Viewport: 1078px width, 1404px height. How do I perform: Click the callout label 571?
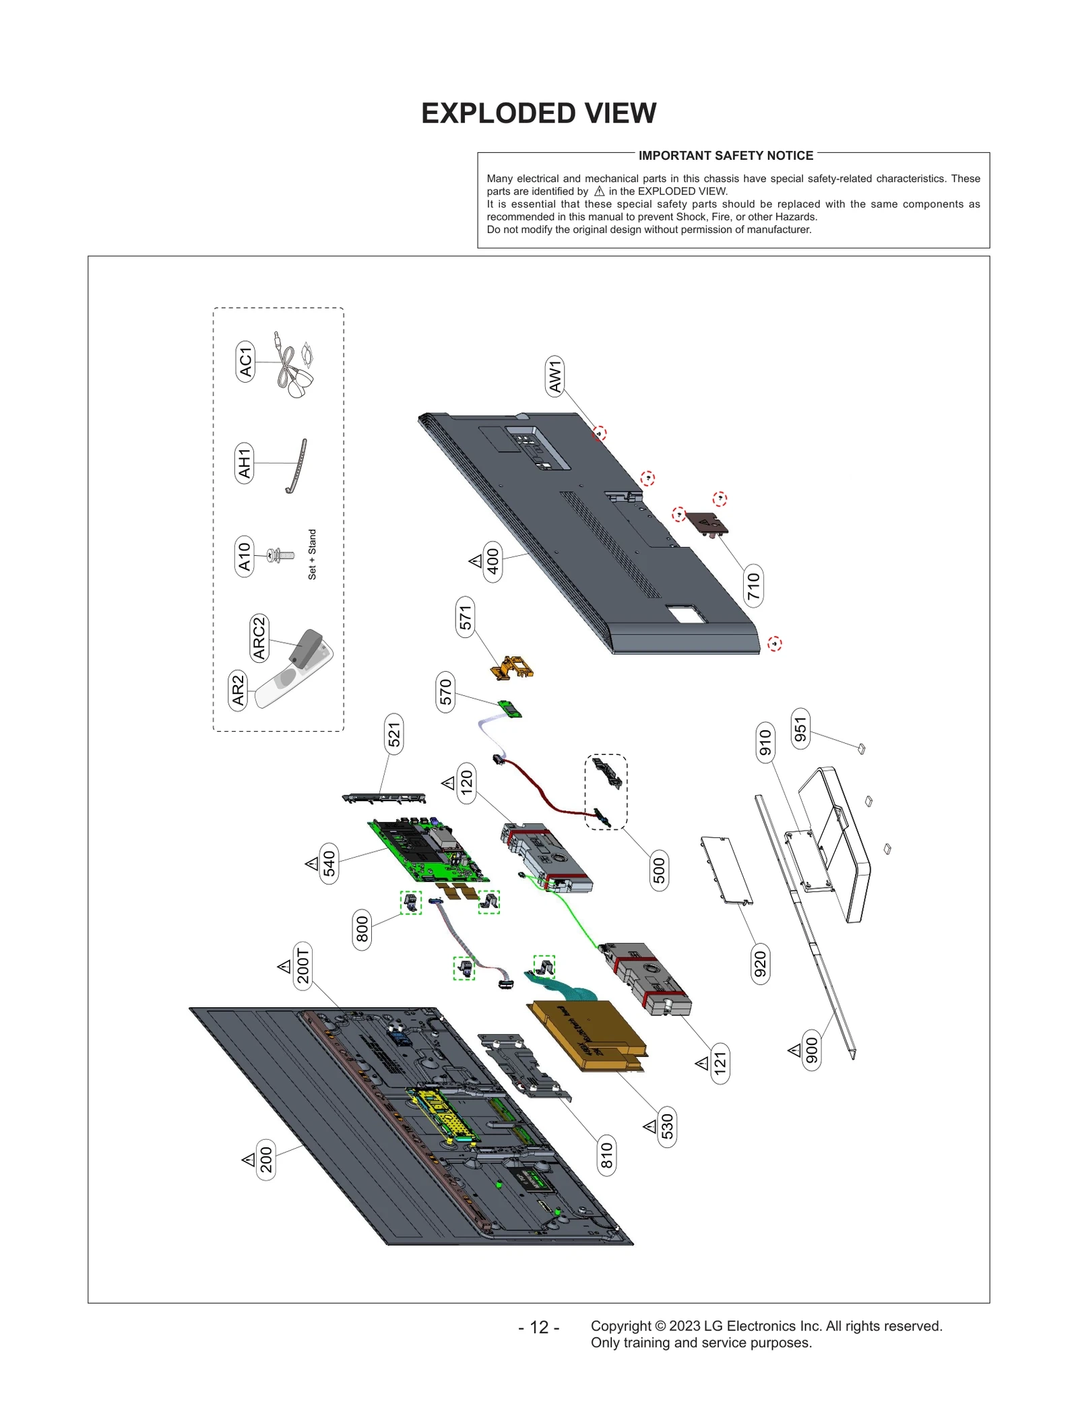coord(465,617)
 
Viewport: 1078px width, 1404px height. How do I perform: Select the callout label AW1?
coord(554,376)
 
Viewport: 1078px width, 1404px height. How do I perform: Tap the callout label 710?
coord(753,585)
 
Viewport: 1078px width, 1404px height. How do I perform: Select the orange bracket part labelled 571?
coord(511,666)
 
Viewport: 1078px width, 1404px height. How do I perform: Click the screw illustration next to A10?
coord(280,556)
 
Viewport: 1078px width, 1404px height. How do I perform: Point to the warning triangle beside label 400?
coord(476,561)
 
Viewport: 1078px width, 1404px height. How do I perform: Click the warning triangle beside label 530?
coord(649,1126)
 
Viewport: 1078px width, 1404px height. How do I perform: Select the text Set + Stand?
coord(312,554)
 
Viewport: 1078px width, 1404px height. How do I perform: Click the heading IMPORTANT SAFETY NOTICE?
coord(726,156)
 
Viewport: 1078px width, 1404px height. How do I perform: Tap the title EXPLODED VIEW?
coord(538,113)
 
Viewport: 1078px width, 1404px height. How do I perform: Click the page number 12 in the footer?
coord(538,1327)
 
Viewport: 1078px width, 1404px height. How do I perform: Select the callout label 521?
coord(393,734)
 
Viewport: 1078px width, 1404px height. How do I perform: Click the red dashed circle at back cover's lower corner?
coord(775,643)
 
